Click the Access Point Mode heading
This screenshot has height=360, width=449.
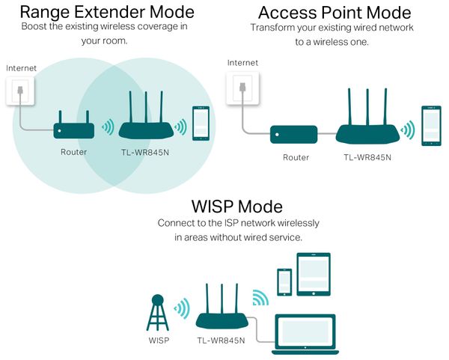point(335,13)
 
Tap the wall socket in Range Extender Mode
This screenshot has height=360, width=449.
point(21,91)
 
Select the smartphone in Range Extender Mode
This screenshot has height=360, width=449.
point(201,123)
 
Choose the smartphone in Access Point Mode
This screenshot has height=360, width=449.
point(430,125)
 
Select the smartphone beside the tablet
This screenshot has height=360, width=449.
point(284,281)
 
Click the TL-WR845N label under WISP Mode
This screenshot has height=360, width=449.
point(222,341)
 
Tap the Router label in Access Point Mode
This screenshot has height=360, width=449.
point(296,157)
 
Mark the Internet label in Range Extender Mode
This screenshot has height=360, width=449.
point(22,68)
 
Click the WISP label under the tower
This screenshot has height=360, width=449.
point(159,341)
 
